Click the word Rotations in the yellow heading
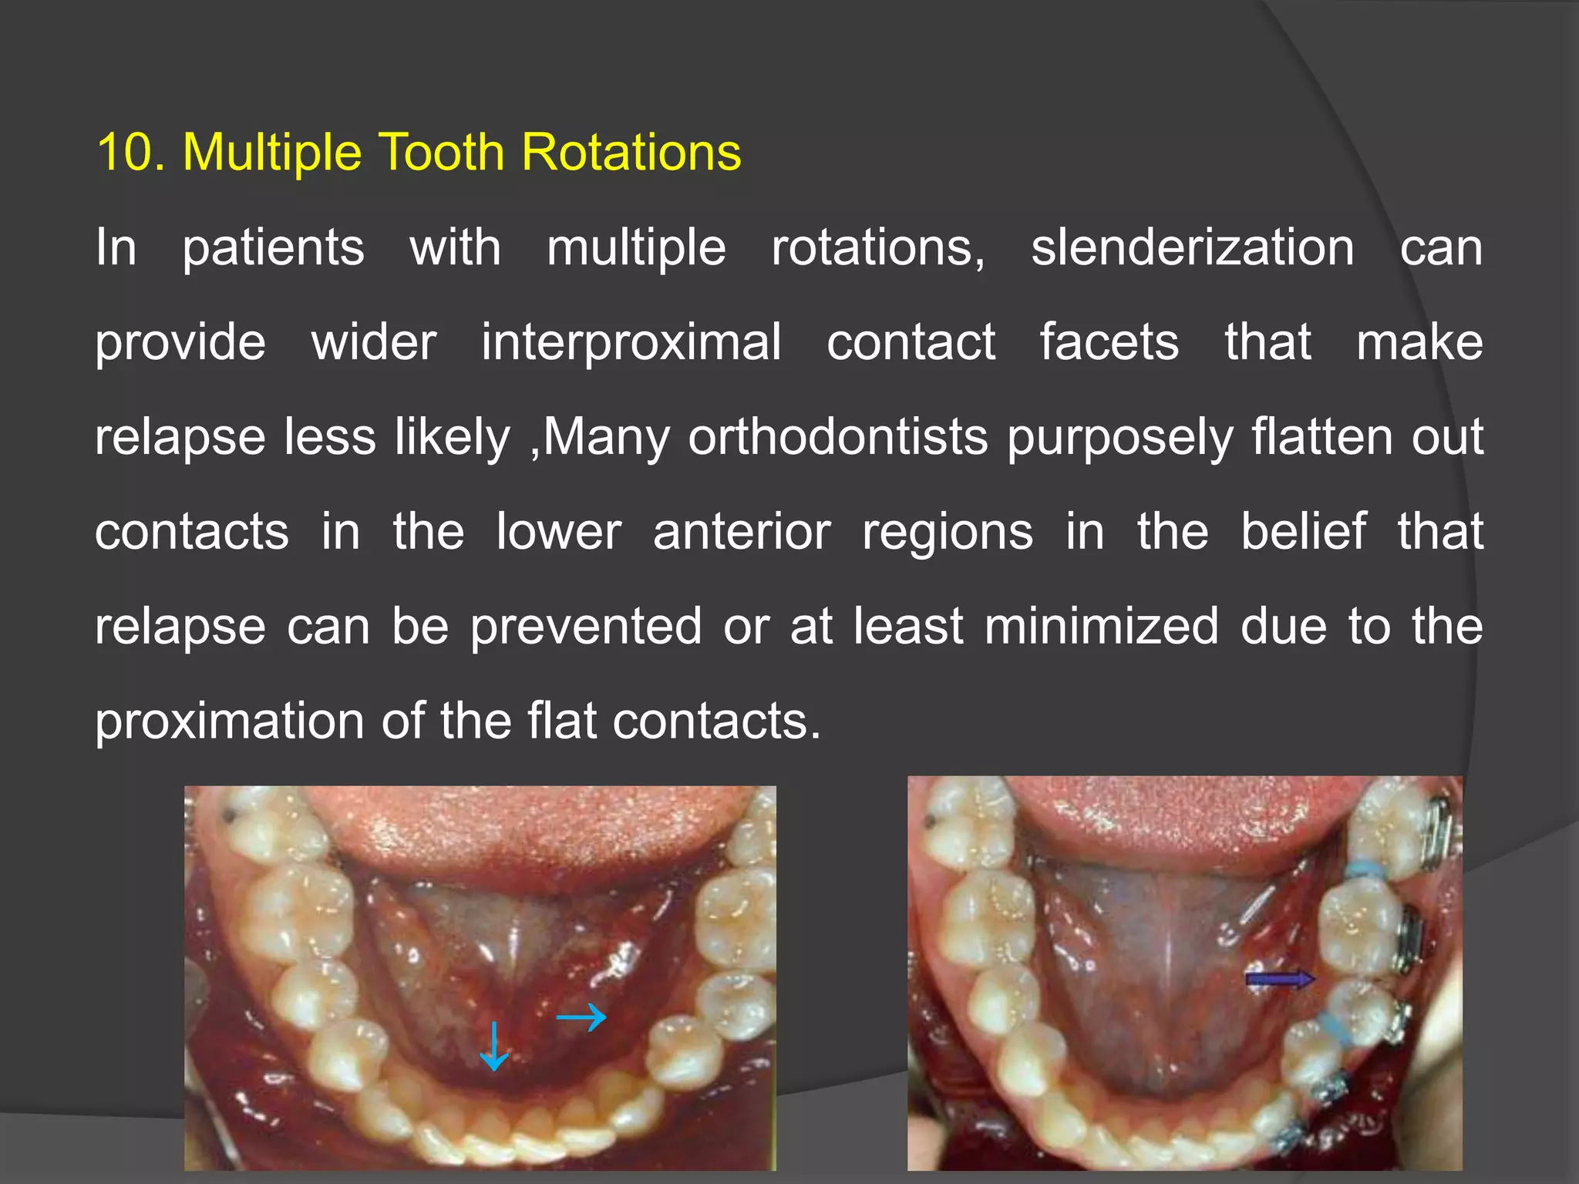tap(631, 152)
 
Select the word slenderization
tap(1192, 248)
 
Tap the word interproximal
tap(631, 343)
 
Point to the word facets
tap(1109, 343)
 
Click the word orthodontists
tap(837, 438)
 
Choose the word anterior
tap(742, 532)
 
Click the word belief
tap(1303, 532)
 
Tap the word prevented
tap(586, 627)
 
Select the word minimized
tap(1102, 626)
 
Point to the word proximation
tap(229, 722)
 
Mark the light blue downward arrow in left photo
tap(493, 1046)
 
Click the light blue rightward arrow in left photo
tap(581, 1017)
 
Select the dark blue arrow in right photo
tap(1280, 980)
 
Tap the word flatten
tap(1321, 438)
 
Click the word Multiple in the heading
tap(271, 153)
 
